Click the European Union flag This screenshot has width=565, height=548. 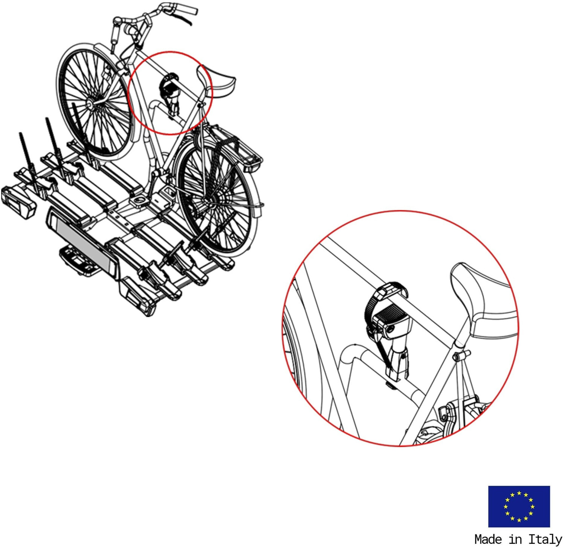tap(519, 506)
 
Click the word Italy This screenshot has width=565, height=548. tap(545, 539)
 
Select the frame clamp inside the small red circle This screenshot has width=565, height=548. tap(170, 94)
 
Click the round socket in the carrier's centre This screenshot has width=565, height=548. tap(140, 201)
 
